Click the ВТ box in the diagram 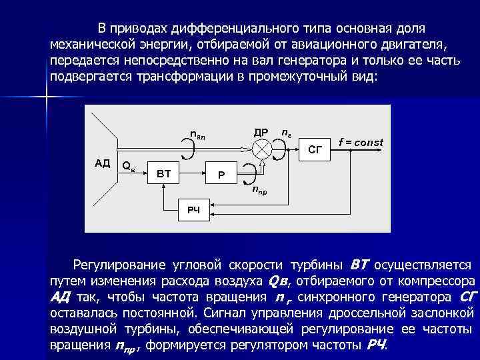pyautogui.click(x=164, y=174)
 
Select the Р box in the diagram pyautogui.click(x=221, y=175)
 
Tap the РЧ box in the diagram pyautogui.click(x=193, y=211)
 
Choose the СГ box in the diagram pyautogui.click(x=319, y=151)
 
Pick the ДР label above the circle pyautogui.click(x=261, y=131)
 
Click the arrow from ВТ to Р pyautogui.click(x=194, y=174)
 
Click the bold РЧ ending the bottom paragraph pyautogui.click(x=377, y=345)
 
